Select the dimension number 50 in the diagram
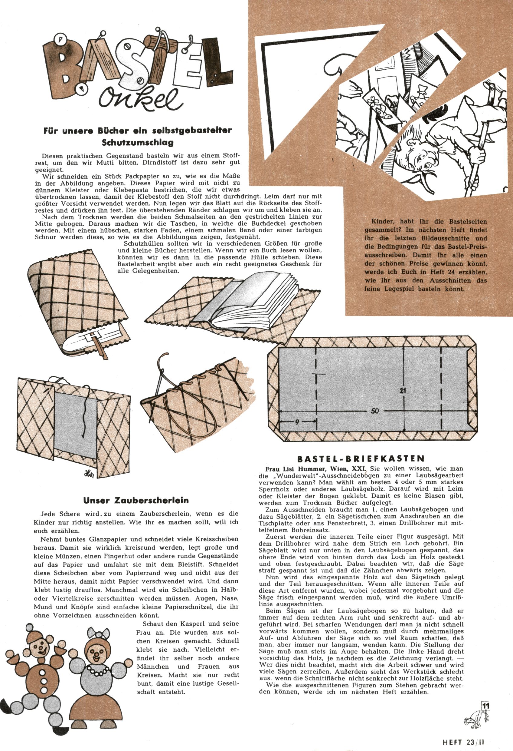point(374,411)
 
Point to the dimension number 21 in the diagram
point(402,390)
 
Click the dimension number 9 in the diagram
point(297,422)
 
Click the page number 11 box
point(485,706)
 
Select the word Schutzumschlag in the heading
point(138,142)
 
